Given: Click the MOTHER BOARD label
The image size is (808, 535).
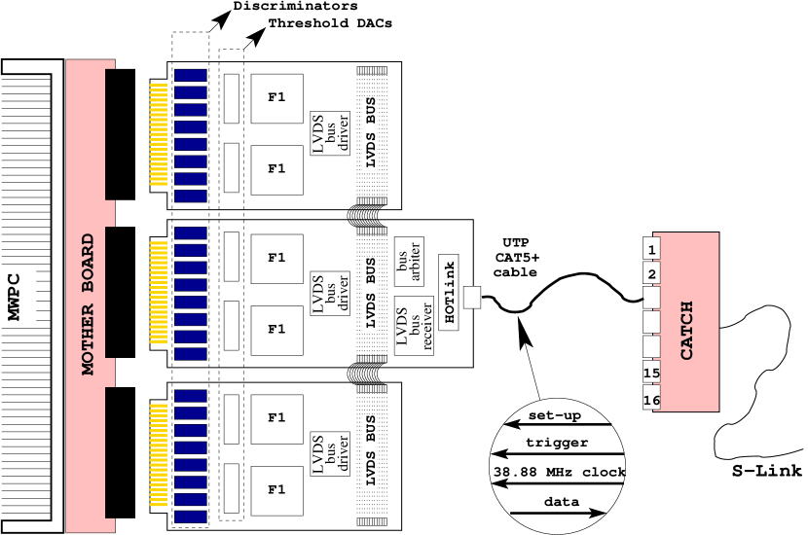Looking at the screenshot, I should (x=88, y=303).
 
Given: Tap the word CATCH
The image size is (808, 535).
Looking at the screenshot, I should (x=687, y=331).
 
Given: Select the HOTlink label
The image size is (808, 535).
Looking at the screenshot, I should (x=449, y=292).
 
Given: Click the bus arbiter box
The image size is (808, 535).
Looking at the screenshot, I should (x=409, y=261).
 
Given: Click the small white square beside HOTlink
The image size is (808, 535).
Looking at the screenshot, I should (x=472, y=297).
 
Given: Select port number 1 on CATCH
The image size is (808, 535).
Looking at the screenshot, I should (x=651, y=250).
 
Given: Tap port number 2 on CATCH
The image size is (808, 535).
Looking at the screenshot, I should (x=651, y=274).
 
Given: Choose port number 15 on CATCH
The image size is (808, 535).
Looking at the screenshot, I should (x=651, y=373).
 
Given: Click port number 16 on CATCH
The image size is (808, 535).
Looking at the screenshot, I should (x=651, y=399).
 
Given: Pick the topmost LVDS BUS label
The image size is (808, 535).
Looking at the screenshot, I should (x=370, y=133).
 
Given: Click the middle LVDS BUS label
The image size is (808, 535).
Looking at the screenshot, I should (x=370, y=293).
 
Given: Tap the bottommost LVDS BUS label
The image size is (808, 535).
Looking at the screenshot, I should (x=370, y=450).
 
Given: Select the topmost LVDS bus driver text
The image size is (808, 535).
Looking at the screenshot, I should (x=330, y=133).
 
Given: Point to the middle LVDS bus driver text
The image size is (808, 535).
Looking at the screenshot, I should (x=330, y=294).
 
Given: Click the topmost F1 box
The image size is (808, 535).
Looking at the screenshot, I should (x=276, y=98).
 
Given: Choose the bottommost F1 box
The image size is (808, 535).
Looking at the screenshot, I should (x=276, y=490).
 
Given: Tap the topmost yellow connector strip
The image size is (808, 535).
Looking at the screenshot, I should (x=158, y=134).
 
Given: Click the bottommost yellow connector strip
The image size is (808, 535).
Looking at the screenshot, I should (x=158, y=454).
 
